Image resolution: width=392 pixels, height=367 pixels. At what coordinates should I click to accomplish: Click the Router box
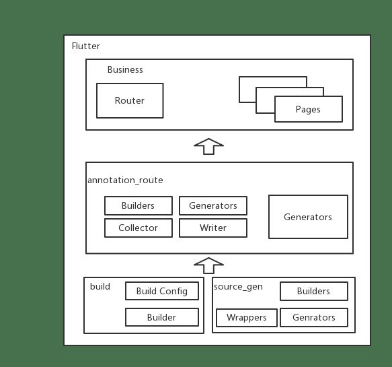pos(130,100)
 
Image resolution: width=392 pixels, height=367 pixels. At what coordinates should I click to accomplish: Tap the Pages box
pos(309,109)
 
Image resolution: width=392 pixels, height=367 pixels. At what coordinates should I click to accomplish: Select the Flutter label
pos(86,46)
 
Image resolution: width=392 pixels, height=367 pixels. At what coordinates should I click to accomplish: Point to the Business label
pos(125,69)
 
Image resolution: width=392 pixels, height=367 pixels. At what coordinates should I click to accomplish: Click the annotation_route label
pos(125,180)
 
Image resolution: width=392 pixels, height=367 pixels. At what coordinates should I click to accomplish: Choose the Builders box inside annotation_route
pos(139,205)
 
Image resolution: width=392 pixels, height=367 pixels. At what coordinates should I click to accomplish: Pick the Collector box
pos(139,228)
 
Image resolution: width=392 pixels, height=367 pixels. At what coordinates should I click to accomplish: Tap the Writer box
pos(213,228)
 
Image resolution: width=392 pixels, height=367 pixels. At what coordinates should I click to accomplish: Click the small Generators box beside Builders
pos(213,205)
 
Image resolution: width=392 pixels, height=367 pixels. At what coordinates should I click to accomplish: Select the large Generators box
pos(308,217)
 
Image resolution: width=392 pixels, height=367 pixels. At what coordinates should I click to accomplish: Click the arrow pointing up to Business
pos(208,146)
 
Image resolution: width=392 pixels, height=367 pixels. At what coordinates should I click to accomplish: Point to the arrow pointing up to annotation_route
pos(208,265)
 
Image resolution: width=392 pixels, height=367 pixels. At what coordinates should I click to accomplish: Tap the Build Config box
pos(162,291)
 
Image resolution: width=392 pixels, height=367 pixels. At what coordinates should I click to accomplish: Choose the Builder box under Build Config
pos(162,317)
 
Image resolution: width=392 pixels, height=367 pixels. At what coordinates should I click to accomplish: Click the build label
pos(100,286)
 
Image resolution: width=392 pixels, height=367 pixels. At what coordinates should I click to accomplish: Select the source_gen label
pos(238,287)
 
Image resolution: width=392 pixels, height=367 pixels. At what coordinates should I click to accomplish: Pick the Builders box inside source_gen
pos(314,291)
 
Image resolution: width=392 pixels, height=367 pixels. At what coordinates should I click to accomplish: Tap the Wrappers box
pos(247,317)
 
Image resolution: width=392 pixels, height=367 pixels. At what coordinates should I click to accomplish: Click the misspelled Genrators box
pos(314,317)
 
